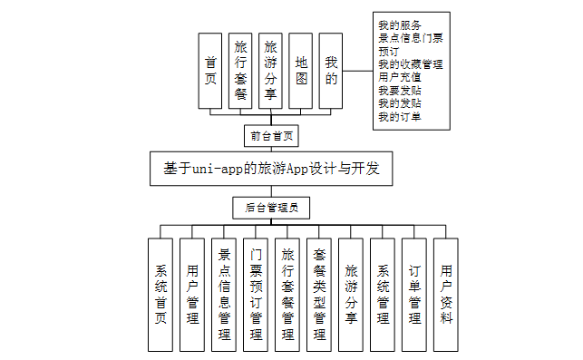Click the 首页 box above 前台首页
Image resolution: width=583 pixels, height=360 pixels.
tap(210, 72)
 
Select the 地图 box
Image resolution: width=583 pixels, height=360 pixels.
tap(302, 72)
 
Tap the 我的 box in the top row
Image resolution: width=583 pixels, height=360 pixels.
tap(331, 72)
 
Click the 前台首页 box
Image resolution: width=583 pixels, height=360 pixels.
tap(271, 136)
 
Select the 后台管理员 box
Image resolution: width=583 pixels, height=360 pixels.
tap(271, 208)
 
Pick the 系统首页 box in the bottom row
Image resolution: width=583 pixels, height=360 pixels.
tap(160, 294)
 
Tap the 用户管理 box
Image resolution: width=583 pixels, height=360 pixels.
tap(191, 294)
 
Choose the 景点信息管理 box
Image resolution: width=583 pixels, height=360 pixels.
tap(223, 294)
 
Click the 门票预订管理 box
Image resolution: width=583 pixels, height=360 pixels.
tap(256, 294)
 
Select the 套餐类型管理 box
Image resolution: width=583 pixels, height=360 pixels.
tap(318, 294)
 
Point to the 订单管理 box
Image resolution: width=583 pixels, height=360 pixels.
tap(413, 294)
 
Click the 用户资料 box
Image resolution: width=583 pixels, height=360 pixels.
tap(445, 294)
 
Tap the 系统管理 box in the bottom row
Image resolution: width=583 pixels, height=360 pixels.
tap(382, 294)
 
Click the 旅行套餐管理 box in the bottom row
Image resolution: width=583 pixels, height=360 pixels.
tap(287, 294)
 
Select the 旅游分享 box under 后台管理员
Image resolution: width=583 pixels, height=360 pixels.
tap(350, 294)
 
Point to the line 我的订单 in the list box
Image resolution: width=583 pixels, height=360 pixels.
tap(398, 117)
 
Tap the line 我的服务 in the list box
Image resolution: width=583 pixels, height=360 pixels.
tap(398, 24)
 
